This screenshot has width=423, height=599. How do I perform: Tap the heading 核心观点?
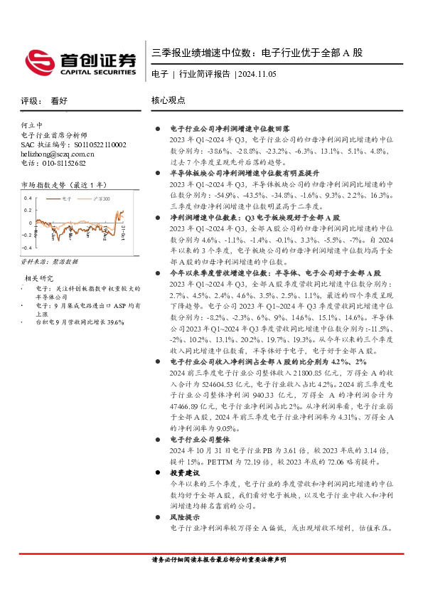(168, 101)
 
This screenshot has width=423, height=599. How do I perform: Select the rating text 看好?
(59, 101)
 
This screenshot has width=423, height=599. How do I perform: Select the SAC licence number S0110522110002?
(93, 144)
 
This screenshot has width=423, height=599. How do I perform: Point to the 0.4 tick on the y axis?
(28, 198)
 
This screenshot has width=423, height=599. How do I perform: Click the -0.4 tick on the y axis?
(27, 247)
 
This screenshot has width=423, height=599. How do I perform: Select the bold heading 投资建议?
(184, 472)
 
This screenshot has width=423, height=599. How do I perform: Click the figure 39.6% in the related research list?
(114, 322)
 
